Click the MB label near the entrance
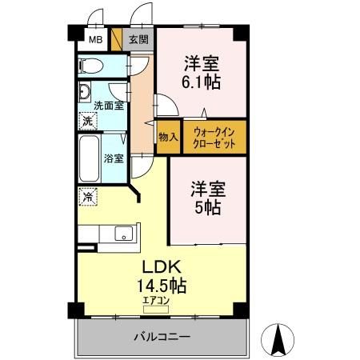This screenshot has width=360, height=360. (94, 39)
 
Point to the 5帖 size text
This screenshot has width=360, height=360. (207, 206)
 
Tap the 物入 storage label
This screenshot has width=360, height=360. (168, 138)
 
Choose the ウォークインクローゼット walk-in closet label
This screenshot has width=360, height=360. (214, 138)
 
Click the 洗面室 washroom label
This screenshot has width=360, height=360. (108, 105)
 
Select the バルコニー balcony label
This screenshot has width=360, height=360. (162, 338)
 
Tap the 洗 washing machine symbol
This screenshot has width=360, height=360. (86, 121)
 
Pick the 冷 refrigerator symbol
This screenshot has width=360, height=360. (86, 194)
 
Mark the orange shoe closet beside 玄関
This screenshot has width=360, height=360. (116, 39)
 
